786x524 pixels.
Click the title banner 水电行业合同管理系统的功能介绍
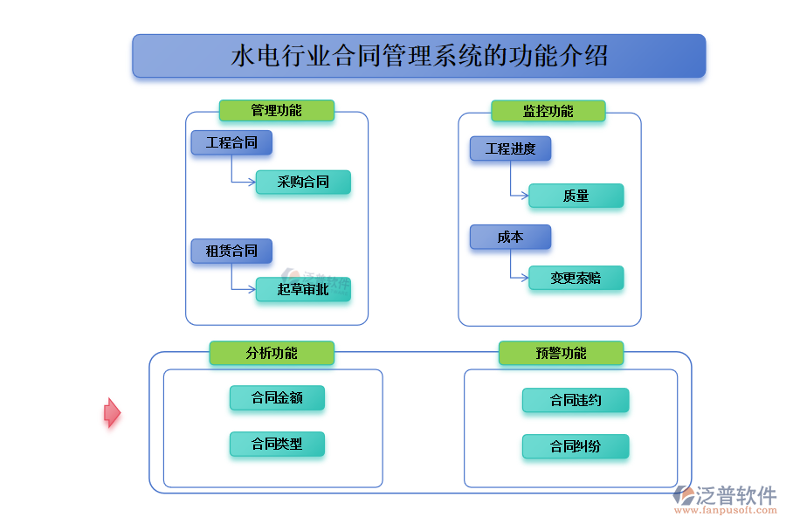pos(418,56)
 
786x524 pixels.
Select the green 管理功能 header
pos(276,110)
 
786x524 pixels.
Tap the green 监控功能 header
pos(548,111)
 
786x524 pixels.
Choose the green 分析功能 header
pos(272,353)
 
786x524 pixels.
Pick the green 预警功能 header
pos(561,353)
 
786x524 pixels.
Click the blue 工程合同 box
pos(231,142)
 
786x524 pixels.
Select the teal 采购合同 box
pos(303,183)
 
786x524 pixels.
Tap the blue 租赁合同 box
pos(231,251)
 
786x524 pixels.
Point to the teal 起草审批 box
pos(303,289)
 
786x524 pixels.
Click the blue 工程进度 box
pos(510,148)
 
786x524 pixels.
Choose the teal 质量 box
pos(576,196)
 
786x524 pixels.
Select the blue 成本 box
pos(510,237)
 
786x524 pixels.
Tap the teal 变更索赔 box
pos(576,278)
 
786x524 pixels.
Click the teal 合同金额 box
pos(277,397)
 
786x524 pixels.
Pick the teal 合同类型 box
pos(277,444)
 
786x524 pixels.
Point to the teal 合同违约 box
pos(575,400)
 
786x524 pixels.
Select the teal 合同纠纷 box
pos(575,446)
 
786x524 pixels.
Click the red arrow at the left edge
pos(112,412)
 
